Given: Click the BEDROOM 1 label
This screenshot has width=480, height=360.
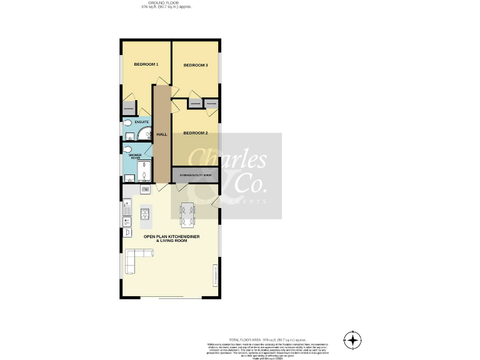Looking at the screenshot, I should tap(146, 64).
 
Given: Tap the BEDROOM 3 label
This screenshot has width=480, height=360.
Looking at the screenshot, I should tap(196, 66).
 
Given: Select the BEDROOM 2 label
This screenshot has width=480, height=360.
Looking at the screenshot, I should tap(196, 133).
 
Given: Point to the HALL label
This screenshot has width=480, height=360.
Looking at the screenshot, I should tap(162, 134).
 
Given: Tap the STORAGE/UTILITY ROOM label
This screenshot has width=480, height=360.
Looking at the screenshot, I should tap(196, 176).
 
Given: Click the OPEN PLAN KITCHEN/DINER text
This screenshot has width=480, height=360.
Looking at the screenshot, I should tap(171, 236).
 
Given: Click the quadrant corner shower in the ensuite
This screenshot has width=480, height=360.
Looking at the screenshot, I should tap(144, 132).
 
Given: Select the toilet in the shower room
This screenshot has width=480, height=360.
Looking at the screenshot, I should tap(127, 150).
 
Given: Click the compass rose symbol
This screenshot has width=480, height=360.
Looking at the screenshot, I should tap(353, 341).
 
